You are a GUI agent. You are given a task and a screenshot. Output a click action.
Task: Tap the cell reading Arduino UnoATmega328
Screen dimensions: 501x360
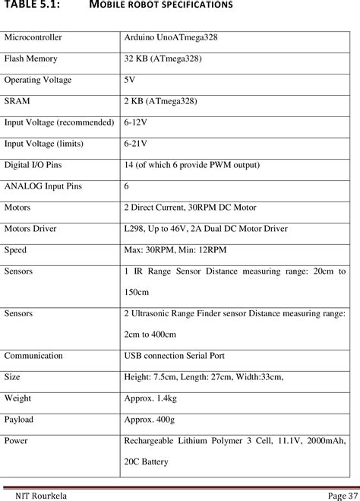171,36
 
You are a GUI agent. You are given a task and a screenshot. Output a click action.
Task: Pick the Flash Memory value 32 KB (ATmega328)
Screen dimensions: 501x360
163,58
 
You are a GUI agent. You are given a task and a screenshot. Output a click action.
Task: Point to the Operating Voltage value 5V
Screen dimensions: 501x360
130,79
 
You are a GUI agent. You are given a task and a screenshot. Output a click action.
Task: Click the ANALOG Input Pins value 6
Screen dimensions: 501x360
127,185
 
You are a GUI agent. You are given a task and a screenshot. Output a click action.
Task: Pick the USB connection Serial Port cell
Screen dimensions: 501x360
174,355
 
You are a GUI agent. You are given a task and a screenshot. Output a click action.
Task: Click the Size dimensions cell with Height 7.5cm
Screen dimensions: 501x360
204,376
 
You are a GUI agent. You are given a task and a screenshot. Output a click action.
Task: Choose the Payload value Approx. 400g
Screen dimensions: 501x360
150,419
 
